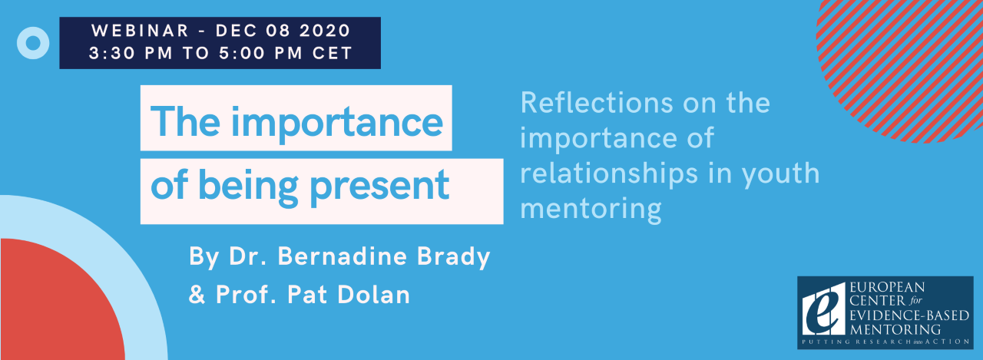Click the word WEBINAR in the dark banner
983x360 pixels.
(140, 31)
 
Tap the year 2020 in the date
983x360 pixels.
(325, 31)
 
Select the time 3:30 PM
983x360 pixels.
(131, 53)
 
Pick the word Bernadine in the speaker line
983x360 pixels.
(343, 256)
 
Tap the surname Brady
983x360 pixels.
(453, 257)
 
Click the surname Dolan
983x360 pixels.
(373, 294)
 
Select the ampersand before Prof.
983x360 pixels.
(197, 294)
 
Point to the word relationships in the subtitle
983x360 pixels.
(609, 173)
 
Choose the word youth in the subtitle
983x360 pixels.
(780, 174)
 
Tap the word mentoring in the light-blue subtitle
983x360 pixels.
(591, 210)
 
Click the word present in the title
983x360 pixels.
(379, 186)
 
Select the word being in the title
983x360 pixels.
(248, 186)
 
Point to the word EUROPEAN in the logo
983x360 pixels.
(887, 287)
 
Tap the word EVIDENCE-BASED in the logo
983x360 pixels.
(909, 315)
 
